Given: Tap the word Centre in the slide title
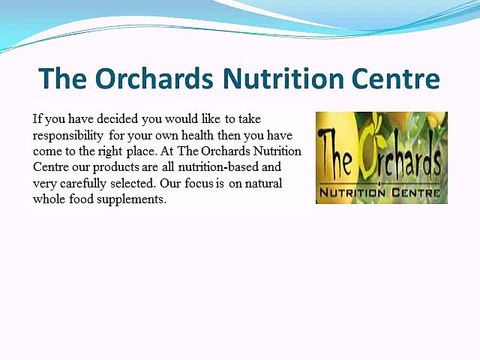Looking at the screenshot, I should click(393, 77).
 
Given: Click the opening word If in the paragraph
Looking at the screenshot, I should click(38, 116).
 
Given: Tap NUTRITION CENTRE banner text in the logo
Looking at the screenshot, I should click(381, 190).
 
